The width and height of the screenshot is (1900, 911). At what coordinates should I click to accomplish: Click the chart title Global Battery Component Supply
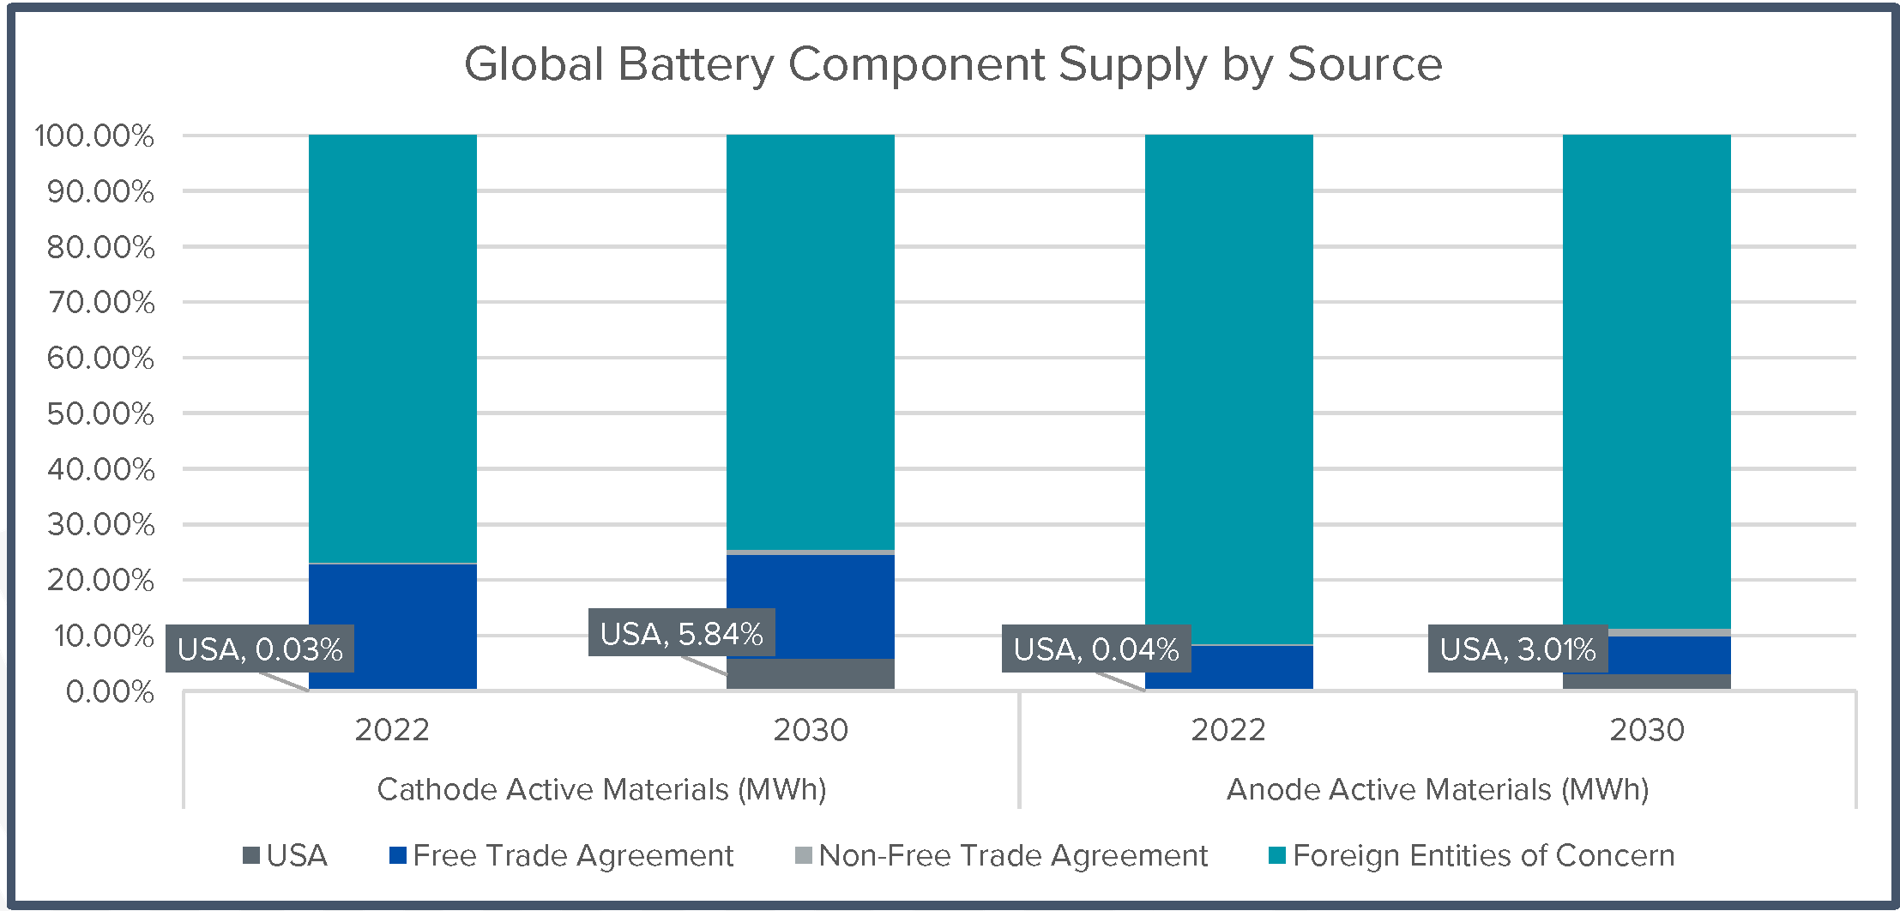(952, 64)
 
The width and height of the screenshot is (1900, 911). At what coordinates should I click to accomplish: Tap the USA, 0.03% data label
(260, 649)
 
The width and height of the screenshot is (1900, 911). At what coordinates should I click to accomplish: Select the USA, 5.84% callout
(681, 634)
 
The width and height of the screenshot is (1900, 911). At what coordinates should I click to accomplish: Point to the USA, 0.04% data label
(1096, 649)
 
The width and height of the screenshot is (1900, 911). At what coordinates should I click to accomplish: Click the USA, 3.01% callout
(1517, 649)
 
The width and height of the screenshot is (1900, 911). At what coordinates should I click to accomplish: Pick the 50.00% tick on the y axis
(101, 414)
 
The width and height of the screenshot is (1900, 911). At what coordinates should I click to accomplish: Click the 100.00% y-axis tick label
(94, 136)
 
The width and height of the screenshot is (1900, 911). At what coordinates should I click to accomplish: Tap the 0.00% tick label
(110, 692)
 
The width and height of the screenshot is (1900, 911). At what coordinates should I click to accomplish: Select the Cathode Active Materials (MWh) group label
(601, 789)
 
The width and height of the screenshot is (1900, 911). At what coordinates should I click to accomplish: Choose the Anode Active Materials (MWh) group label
(1438, 789)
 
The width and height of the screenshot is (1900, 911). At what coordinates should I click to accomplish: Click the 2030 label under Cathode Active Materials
(811, 731)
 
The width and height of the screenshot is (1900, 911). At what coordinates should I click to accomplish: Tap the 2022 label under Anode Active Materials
(1228, 731)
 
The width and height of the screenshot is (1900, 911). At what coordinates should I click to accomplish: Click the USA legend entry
(287, 856)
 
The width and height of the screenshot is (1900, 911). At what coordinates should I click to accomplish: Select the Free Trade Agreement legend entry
(562, 856)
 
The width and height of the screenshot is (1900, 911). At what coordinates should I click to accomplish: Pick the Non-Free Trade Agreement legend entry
(1002, 856)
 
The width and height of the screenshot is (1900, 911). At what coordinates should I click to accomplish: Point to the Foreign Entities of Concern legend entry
(1472, 856)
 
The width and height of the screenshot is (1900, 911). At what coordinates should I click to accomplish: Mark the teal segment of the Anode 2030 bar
(1646, 377)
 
